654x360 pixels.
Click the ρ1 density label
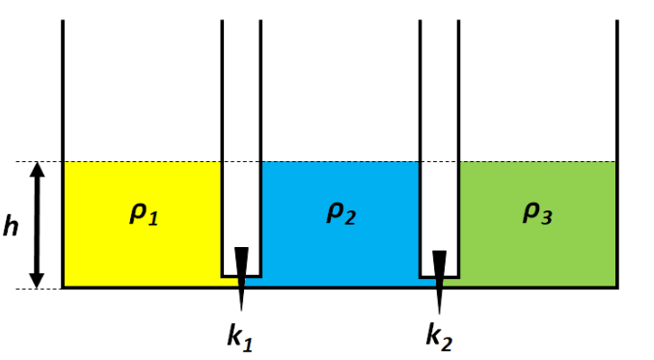pyautogui.click(x=144, y=214)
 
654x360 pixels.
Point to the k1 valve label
pyautogui.click(x=240, y=336)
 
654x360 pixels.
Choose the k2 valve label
pyautogui.click(x=439, y=336)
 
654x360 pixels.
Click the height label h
pyautogui.click(x=11, y=226)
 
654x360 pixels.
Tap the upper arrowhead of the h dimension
pyautogui.click(x=37, y=169)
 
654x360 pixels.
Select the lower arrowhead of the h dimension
pyautogui.click(x=37, y=281)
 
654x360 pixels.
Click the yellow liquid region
pyautogui.click(x=142, y=250)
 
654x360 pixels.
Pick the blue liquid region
pyautogui.click(x=340, y=250)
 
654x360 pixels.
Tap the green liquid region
pyautogui.click(x=537, y=250)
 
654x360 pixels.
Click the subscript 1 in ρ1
pyautogui.click(x=154, y=218)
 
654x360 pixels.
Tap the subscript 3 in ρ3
pyautogui.click(x=547, y=218)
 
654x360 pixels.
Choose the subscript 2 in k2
pyautogui.click(x=447, y=345)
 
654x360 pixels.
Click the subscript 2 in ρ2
pyautogui.click(x=351, y=218)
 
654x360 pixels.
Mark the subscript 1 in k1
pyautogui.click(x=249, y=345)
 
